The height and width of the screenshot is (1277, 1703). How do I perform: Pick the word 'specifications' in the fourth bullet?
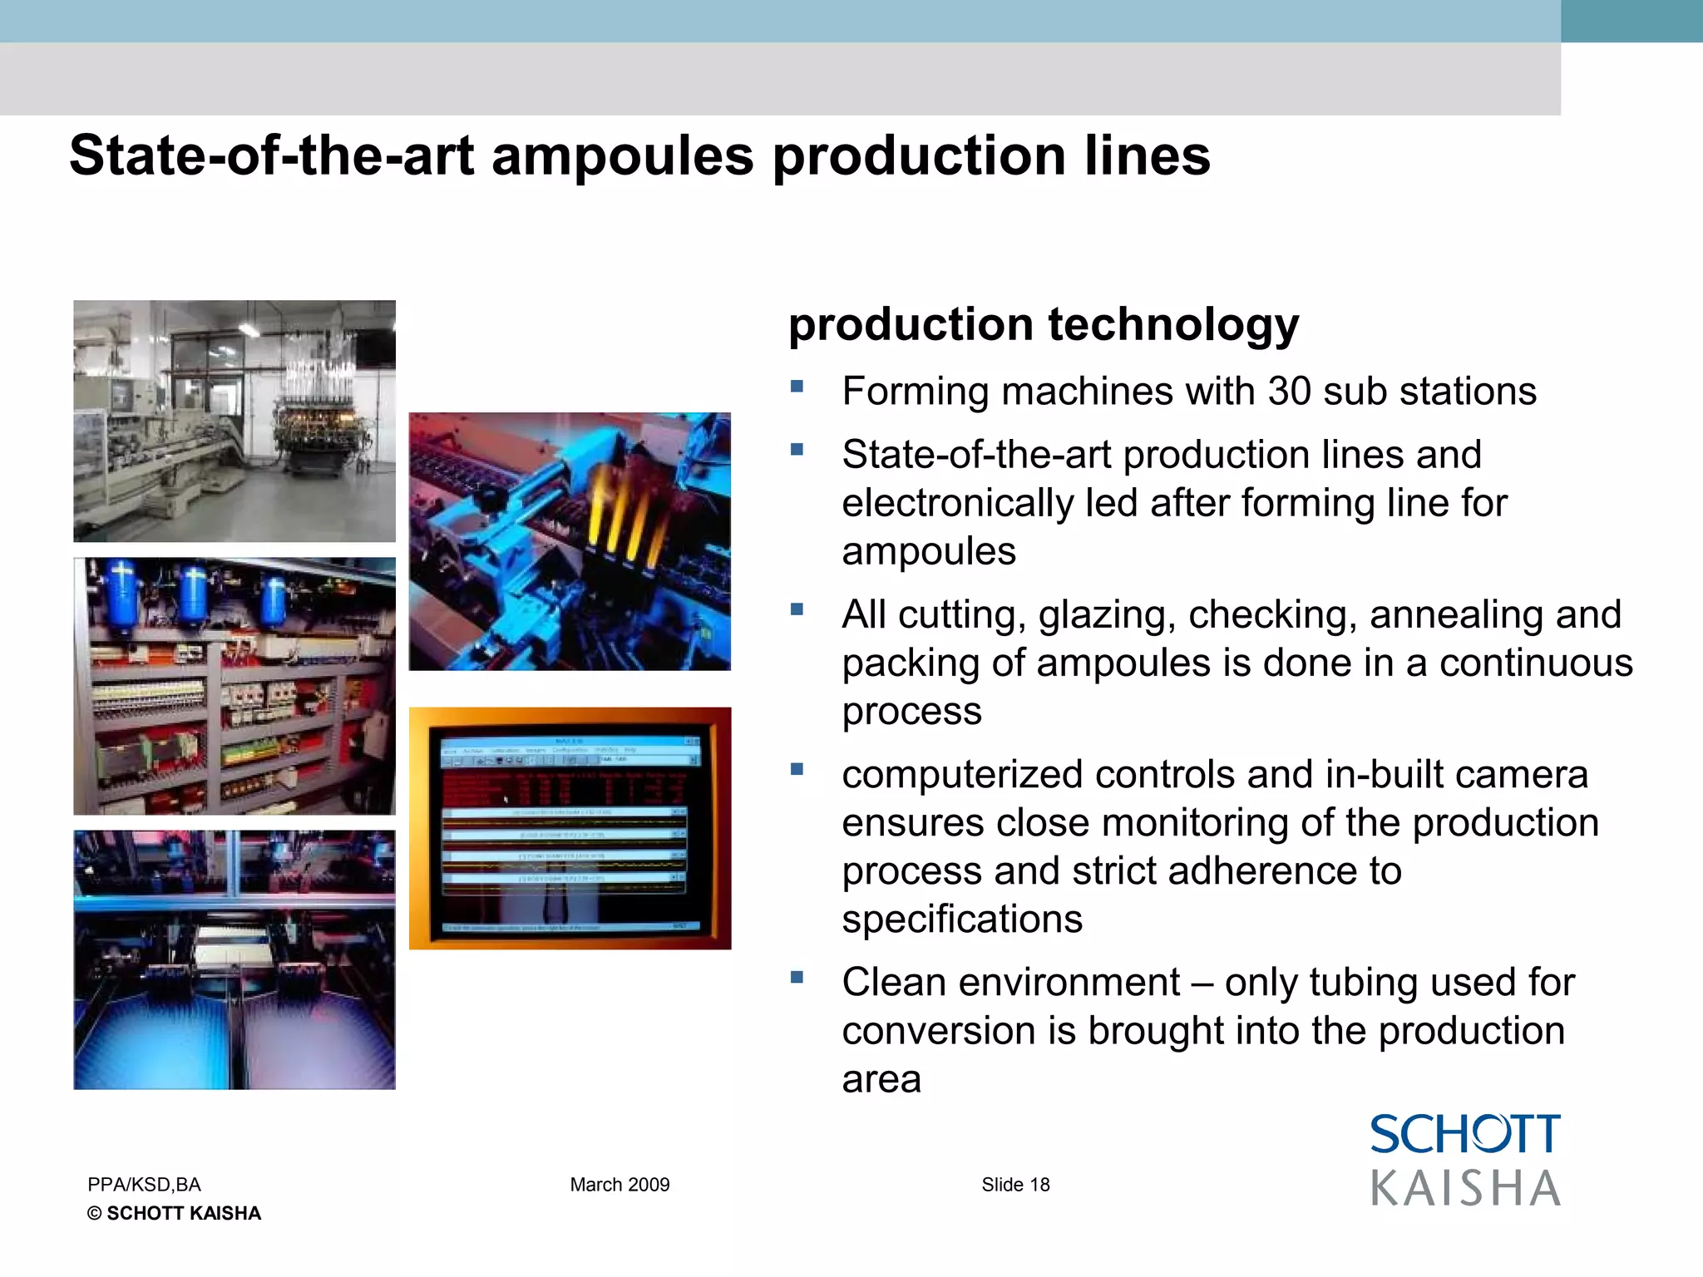962,920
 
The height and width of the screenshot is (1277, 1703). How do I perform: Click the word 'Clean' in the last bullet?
895,983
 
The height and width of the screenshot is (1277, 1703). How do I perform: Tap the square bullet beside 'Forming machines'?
797,387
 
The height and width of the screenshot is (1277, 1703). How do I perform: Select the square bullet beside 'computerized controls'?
797,769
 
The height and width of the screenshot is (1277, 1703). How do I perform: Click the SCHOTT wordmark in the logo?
1465,1135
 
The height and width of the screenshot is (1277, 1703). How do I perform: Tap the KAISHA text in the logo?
1465,1188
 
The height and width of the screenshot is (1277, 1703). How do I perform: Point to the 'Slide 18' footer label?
1015,1185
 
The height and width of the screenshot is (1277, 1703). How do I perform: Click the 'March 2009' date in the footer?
619,1185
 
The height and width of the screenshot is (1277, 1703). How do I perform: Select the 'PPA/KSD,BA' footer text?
144,1185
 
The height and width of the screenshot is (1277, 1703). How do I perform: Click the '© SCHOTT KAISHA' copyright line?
174,1214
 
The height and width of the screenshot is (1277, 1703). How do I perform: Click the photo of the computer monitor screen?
570,828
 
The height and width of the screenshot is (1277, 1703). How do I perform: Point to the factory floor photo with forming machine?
234,421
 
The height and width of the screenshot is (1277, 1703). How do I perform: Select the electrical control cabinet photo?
234,686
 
